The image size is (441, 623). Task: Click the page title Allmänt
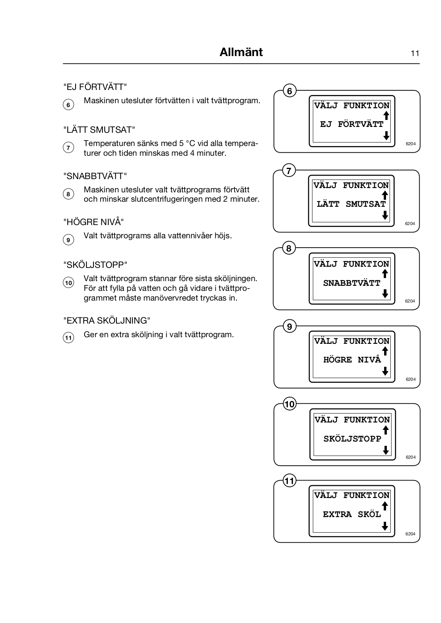pos(241,52)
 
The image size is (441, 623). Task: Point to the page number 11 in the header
pos(415,53)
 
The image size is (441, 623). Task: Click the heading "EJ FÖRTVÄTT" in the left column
pos(95,86)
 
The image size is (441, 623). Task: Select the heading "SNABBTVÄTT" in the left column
pos(95,176)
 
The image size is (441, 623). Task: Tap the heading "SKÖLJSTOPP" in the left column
pos(95,265)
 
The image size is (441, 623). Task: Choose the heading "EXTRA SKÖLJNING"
pos(107,320)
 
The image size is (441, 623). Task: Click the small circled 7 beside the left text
pos(68,148)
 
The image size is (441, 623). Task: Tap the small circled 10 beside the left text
pos(68,283)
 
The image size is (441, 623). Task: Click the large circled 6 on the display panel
pos(289,91)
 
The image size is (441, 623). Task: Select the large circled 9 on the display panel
pos(289,326)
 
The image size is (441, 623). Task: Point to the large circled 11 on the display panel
pos(289,481)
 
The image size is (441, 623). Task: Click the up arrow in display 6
pos(386,115)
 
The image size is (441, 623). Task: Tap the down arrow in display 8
pos(385,294)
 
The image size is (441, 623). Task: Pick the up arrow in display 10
pos(386,430)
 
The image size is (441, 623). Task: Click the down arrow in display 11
pos(385,526)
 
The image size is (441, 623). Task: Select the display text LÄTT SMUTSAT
pos(351,204)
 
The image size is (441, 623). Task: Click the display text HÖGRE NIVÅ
pos(352,360)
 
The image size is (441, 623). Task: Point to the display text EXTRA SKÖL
pos(352,514)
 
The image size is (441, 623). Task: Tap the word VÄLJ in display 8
pos(326,264)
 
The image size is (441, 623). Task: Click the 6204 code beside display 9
pos(411,379)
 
